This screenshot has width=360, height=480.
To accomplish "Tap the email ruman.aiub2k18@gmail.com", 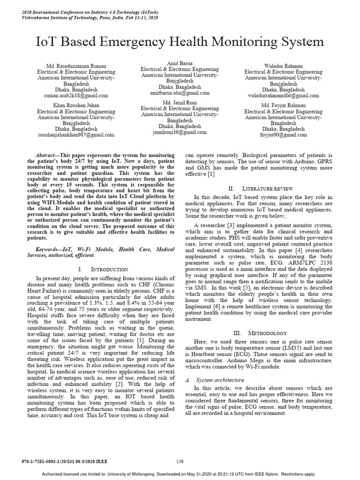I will point(75,95).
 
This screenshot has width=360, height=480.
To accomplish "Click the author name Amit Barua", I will point(180,63).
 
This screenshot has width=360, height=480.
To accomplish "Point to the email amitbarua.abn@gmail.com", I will point(180,93).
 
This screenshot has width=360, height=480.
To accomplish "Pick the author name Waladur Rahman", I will point(283,66).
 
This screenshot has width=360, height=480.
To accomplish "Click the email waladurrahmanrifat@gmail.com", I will point(283,95).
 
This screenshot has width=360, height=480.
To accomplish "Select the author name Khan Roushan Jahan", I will point(75,105).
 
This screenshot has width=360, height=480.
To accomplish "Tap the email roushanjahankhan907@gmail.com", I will point(75,135).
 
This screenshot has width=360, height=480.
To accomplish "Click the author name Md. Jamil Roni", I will point(180,102).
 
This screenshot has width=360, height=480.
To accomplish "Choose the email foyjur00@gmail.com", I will point(283,135).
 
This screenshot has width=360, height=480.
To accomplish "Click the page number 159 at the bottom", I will point(180,461).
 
